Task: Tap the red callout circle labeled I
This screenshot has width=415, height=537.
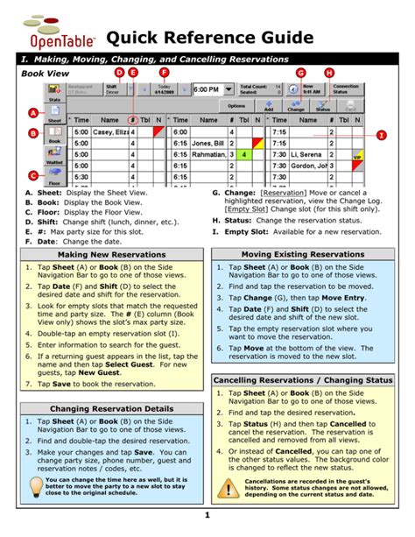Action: pos(382,134)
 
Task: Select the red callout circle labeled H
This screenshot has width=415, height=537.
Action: pos(329,73)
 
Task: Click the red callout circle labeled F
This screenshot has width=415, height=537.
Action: pos(164,73)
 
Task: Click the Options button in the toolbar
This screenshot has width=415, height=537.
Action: pos(236,105)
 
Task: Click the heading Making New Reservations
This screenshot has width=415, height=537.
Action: pos(109,254)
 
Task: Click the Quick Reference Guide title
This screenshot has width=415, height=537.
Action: pos(209,38)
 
